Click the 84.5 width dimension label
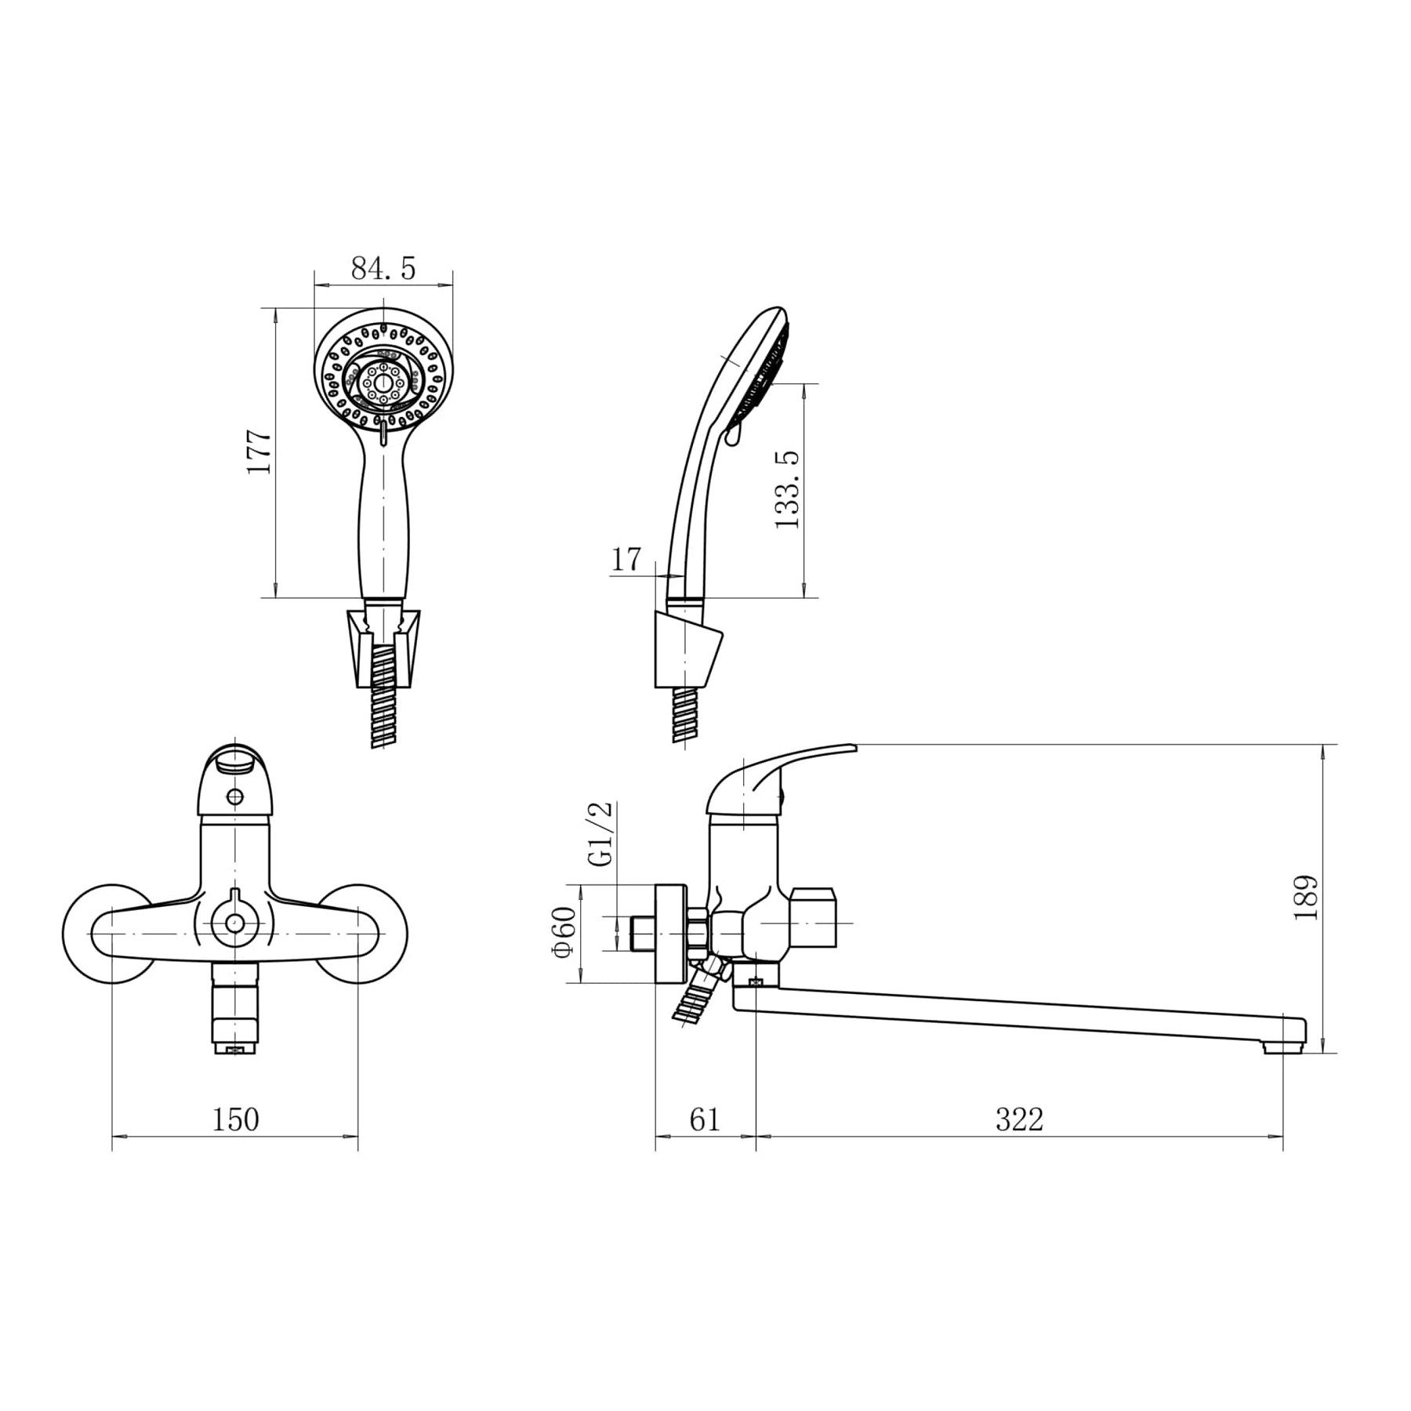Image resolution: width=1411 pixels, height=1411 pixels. click(x=383, y=269)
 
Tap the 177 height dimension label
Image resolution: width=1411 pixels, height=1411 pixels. click(x=259, y=452)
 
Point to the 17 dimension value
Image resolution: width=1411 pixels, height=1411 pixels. click(x=626, y=560)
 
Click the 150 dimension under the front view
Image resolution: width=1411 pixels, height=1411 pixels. click(x=235, y=1119)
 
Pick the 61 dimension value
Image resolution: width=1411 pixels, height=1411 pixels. click(x=705, y=1119)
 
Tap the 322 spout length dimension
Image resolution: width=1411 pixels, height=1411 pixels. click(x=1020, y=1119)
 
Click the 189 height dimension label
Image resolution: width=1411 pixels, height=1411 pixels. click(x=1306, y=898)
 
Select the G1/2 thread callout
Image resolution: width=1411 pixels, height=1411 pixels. click(x=602, y=833)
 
